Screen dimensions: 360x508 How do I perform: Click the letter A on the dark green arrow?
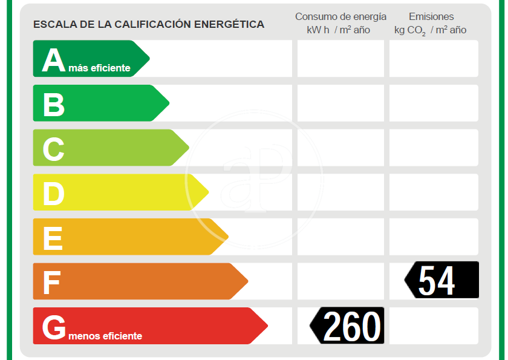[x=53, y=61]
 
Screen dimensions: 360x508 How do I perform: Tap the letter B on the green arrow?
[x=53, y=105]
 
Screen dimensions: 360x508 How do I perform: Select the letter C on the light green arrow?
[x=53, y=149]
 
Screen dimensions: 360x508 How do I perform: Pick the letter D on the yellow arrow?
[x=53, y=194]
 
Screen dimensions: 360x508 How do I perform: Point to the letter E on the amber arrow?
[x=53, y=238]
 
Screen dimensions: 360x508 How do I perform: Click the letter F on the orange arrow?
[x=51, y=283]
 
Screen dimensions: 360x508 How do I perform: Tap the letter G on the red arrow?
[x=54, y=327]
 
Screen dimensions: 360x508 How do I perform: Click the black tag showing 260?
[x=348, y=326]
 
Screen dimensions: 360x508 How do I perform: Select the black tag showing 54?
[x=443, y=280]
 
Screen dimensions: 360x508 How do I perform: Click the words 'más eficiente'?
[x=99, y=68]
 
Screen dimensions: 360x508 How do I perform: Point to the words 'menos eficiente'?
[x=105, y=336]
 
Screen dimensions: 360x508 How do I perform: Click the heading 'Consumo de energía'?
[x=340, y=16]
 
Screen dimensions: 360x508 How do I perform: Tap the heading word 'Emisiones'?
[x=431, y=16]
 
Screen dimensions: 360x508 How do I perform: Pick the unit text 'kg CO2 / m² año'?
[x=430, y=30]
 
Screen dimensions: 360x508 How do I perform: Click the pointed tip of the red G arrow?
[x=266, y=326]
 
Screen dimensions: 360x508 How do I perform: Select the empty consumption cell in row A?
[x=340, y=58]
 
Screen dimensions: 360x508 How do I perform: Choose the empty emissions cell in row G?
[x=433, y=326]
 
